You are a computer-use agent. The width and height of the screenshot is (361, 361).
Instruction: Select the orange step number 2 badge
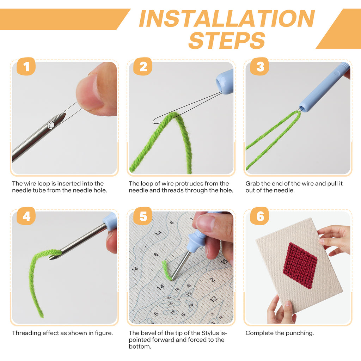143,66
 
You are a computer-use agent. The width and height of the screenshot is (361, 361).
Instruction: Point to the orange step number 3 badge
260,66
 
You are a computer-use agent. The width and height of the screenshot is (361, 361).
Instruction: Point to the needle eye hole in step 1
51,124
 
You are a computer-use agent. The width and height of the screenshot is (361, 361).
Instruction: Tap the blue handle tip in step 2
225,82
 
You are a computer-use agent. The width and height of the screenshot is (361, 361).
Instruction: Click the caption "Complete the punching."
280,333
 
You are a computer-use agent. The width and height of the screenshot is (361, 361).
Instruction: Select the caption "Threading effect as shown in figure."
62,333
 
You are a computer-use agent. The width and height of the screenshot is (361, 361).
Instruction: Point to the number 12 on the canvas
213,299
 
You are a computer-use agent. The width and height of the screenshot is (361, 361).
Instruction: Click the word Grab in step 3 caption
252,184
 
